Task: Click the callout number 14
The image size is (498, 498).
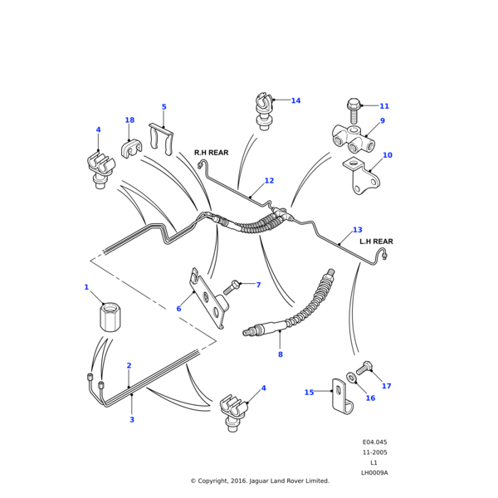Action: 295,100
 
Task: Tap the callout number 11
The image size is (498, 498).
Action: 384,106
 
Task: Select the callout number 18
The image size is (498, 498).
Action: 129,120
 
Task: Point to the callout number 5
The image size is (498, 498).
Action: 164,107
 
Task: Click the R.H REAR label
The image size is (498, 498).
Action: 211,153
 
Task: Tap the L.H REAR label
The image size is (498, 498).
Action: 376,242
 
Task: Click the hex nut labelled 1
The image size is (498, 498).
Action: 108,318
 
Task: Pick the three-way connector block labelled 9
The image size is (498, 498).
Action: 353,138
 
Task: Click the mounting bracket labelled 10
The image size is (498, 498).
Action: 364,179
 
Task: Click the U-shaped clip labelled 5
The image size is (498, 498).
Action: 161,137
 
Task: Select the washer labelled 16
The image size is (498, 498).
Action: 353,378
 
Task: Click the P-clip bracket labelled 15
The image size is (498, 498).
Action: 340,397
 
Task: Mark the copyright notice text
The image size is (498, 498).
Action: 260,481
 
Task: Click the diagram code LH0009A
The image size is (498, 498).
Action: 374,472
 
